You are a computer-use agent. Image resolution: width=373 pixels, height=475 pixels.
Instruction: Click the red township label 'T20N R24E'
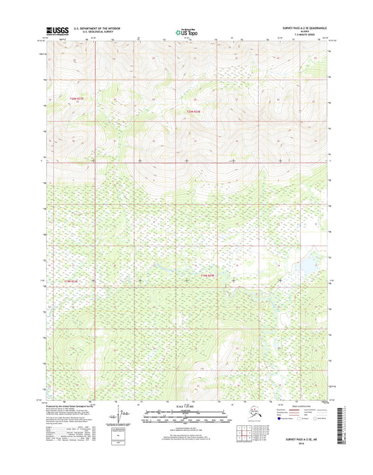(x=198, y=112)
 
